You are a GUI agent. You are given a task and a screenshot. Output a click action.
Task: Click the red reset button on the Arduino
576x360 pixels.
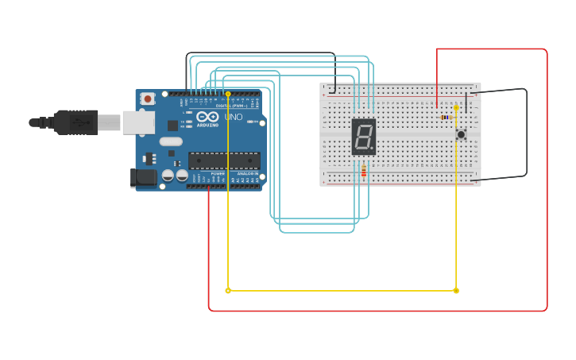[x=147, y=99]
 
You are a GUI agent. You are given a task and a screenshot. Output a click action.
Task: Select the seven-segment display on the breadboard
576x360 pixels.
[x=363, y=137]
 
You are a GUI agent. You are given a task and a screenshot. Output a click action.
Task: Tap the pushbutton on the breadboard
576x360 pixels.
[x=461, y=134]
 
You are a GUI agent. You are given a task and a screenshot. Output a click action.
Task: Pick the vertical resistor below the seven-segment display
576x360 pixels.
[x=364, y=170]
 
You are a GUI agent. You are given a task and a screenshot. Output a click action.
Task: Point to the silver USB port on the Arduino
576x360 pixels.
[x=138, y=122]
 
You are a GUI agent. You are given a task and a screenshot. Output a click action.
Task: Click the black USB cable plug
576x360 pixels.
[x=76, y=122]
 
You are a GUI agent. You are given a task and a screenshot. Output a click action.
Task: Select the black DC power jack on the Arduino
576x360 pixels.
[x=143, y=177]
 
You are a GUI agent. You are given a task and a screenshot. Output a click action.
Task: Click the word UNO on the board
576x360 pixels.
[x=233, y=118]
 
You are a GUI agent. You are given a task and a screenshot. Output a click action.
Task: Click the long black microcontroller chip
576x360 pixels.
[x=224, y=161]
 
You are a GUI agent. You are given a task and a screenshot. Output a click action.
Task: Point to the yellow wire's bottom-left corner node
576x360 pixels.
[x=228, y=291]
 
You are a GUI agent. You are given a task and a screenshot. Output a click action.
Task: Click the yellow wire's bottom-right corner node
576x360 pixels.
[x=456, y=291]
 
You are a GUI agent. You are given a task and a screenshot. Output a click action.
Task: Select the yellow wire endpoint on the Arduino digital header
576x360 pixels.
[x=228, y=95]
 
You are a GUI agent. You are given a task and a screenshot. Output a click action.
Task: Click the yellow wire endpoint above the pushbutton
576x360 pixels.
[x=456, y=107]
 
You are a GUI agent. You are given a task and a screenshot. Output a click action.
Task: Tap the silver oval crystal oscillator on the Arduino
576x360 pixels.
[x=171, y=141]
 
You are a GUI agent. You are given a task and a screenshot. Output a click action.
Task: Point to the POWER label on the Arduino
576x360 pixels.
[x=207, y=173]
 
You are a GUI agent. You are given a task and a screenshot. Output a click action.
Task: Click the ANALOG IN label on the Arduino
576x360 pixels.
[x=246, y=173]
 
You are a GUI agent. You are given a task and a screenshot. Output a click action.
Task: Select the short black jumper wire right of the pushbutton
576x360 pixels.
[x=466, y=99]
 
